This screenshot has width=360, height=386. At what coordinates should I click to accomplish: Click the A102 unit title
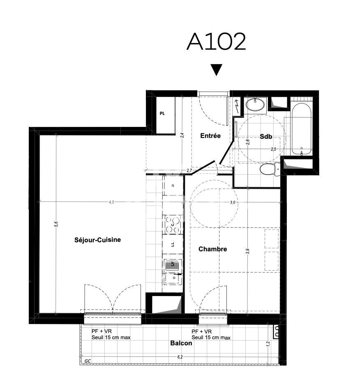216,41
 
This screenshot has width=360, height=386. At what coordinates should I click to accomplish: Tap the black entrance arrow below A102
216,70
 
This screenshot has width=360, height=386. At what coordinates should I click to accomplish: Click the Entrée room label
210,136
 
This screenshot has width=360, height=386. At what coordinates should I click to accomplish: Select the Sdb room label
266,136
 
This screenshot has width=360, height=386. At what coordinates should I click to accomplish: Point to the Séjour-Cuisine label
97,240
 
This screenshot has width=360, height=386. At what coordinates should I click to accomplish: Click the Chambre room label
212,249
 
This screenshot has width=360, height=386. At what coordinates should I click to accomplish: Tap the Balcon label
181,343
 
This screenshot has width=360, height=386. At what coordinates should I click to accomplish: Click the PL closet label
162,113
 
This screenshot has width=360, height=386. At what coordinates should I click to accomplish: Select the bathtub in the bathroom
301,129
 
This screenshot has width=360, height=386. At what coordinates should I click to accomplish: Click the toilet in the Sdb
270,169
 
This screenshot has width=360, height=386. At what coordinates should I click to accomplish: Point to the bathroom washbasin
255,105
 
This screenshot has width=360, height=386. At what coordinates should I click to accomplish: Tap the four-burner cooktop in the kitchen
173,225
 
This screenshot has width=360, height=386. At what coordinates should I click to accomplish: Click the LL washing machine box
173,244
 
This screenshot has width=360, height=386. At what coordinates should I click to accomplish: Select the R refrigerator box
173,186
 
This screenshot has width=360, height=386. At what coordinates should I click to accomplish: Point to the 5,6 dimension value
56,224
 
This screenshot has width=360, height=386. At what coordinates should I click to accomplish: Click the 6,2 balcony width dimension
180,357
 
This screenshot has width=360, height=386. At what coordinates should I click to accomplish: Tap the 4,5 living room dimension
111,202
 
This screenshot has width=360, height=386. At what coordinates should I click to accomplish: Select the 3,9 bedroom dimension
248,251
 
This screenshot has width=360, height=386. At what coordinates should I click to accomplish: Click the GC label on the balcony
88,361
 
